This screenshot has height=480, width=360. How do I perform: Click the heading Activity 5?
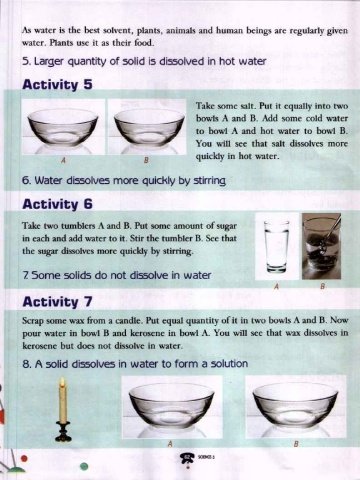[x=57, y=84]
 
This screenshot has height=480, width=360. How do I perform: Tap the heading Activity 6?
[x=57, y=204]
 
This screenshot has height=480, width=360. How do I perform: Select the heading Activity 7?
[x=57, y=302]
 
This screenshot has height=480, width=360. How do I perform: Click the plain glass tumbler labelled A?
[x=276, y=246]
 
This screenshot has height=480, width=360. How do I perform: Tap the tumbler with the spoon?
[x=321, y=246]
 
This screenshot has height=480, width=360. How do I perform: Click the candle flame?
[x=62, y=383]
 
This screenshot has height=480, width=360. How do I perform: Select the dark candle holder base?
[x=63, y=431]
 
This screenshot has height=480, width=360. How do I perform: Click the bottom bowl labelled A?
[x=171, y=406]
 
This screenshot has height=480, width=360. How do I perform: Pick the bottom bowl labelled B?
[x=295, y=405]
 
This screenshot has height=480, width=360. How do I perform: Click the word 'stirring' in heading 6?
[x=209, y=181]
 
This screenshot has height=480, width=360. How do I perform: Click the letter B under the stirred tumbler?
[x=322, y=286]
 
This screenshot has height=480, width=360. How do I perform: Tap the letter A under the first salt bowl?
[x=63, y=160]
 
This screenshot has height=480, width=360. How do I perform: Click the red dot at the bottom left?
[x=24, y=458]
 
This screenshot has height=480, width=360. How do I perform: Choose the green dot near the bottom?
[x=84, y=466]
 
